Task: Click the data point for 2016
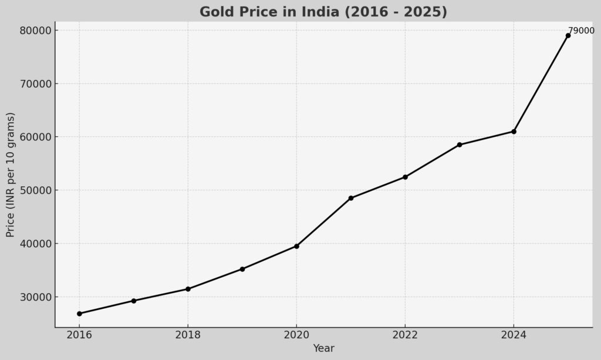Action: (79, 314)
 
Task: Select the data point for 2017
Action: (134, 301)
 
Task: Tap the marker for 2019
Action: (242, 269)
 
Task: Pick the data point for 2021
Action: (351, 198)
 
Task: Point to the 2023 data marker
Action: (460, 144)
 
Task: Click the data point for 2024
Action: (514, 132)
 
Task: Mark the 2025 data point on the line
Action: (568, 35)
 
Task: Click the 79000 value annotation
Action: (581, 31)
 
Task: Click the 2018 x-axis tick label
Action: (188, 335)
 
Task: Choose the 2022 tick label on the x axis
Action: (405, 335)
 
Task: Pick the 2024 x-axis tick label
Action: (514, 335)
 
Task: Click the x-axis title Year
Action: (323, 348)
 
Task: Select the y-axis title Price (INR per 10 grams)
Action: (11, 174)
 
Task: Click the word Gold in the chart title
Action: (215, 12)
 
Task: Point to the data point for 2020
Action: (296, 246)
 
